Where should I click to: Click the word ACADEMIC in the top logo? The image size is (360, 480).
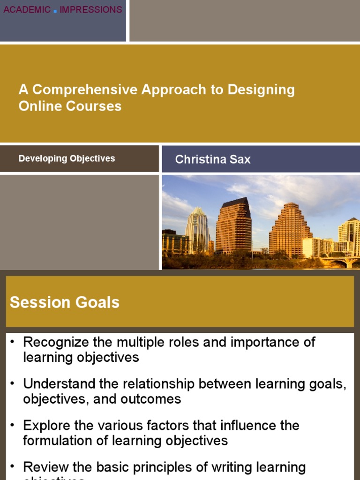pos(27,9)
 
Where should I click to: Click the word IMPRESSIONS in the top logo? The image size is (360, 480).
pos(91,9)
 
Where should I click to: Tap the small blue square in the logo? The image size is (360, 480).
pos(55,11)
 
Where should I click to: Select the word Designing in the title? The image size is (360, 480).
pos(261,90)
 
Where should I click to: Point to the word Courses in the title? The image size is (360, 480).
pos(97,106)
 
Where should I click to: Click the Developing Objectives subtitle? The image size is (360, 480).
pos(67,158)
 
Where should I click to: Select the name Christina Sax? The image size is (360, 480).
pos(213,159)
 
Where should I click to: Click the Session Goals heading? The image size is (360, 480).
pos(65,302)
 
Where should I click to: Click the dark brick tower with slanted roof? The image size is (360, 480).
pos(233,225)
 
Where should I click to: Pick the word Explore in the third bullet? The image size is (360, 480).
pos(44,426)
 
